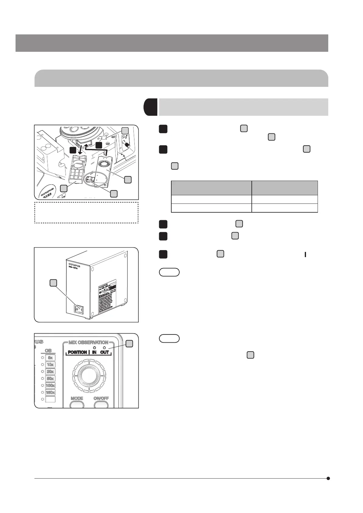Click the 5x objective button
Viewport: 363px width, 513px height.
click(x=50, y=358)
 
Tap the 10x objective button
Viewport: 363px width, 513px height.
click(x=50, y=365)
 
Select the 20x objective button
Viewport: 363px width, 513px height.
click(x=50, y=372)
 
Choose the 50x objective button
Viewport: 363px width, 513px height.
click(x=50, y=379)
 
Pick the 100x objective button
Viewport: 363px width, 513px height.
click(x=50, y=386)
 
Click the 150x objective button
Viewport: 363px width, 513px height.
click(x=50, y=392)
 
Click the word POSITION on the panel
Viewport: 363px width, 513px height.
click(x=77, y=352)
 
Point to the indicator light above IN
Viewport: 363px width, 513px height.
click(x=94, y=348)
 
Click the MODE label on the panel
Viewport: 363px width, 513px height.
click(x=77, y=398)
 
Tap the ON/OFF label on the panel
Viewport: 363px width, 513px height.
click(x=101, y=398)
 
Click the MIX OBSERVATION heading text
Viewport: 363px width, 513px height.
click(x=88, y=342)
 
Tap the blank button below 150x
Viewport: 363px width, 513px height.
click(x=50, y=399)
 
